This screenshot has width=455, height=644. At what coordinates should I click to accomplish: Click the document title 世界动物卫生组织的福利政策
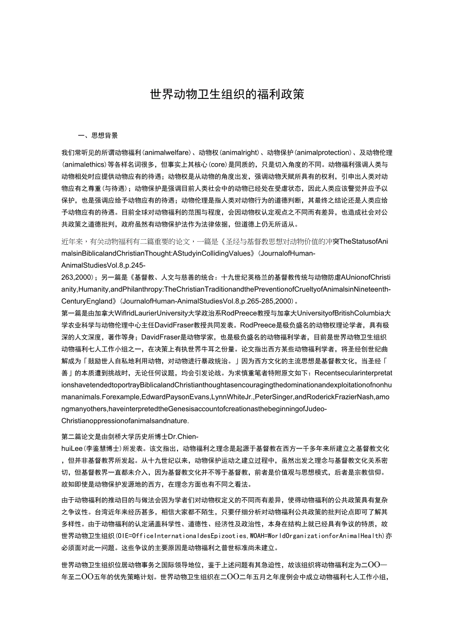click(x=227, y=94)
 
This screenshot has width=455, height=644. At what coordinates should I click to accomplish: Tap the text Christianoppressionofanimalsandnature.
click(x=125, y=421)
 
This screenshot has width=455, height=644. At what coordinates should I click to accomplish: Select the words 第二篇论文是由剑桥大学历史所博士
click(x=113, y=436)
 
